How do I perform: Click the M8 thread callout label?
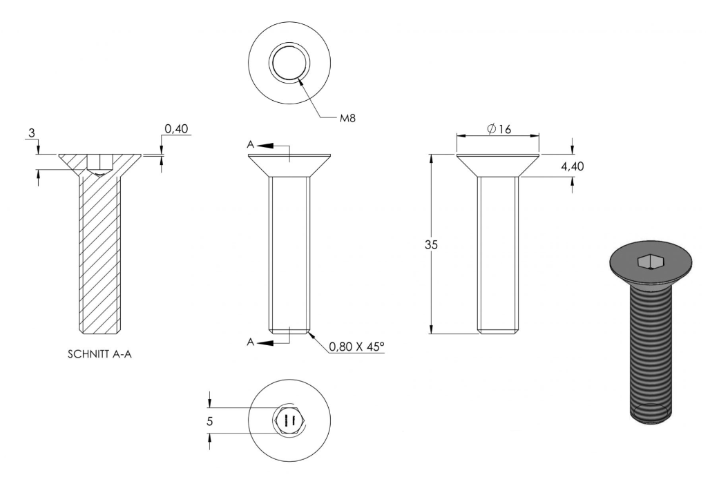click(347, 118)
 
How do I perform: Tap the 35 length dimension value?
click(431, 245)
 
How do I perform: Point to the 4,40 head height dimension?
click(573, 166)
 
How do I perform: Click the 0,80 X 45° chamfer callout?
click(357, 347)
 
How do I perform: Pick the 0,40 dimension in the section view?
click(176, 129)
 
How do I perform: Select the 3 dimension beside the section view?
click(32, 133)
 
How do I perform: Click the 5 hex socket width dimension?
click(209, 421)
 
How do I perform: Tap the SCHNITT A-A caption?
click(99, 354)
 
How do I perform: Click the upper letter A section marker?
click(250, 145)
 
